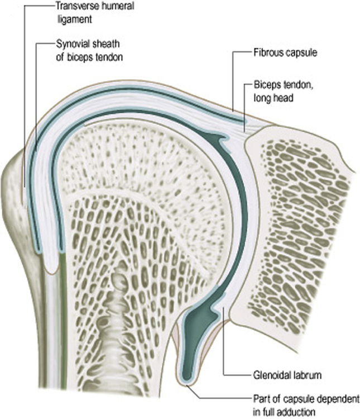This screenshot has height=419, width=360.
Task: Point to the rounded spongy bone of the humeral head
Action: click(140, 151)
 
